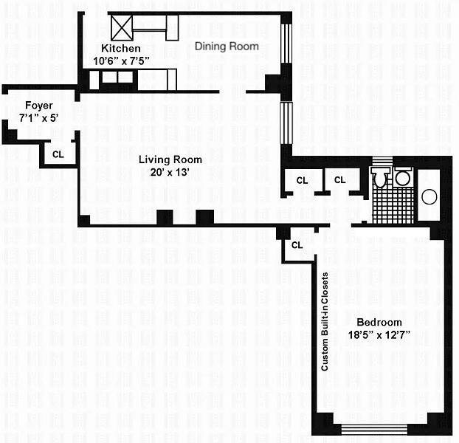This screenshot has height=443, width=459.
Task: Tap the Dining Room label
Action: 227,46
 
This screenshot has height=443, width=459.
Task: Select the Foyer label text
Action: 38,106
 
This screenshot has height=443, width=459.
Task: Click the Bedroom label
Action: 379,322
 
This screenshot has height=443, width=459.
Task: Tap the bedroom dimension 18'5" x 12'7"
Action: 379,334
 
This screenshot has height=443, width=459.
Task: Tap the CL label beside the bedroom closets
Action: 297,245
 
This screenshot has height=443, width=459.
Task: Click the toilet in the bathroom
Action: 381,178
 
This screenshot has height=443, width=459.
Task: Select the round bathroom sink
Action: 402,178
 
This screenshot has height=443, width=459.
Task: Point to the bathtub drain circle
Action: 429,197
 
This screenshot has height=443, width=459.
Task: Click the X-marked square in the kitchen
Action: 121,29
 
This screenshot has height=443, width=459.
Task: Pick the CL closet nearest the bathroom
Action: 339,180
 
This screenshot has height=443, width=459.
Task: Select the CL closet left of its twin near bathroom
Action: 302,180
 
